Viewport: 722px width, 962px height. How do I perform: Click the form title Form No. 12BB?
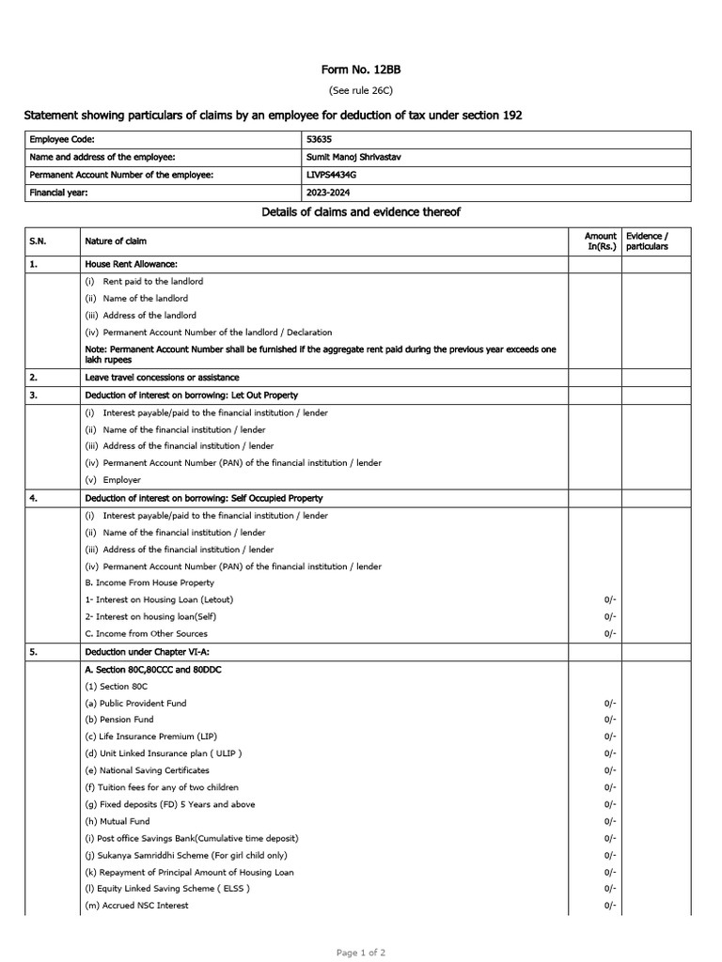(x=360, y=70)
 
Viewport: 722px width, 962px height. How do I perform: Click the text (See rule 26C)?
(x=360, y=90)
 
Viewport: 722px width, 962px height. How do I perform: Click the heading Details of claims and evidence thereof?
(x=360, y=212)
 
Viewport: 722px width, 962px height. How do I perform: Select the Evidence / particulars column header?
(x=647, y=241)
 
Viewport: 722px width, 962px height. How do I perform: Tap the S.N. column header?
(x=39, y=241)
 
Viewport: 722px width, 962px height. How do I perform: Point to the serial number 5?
(x=34, y=651)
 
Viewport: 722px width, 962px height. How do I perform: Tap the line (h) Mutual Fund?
(x=118, y=821)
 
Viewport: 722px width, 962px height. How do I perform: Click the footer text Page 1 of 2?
(x=360, y=953)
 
